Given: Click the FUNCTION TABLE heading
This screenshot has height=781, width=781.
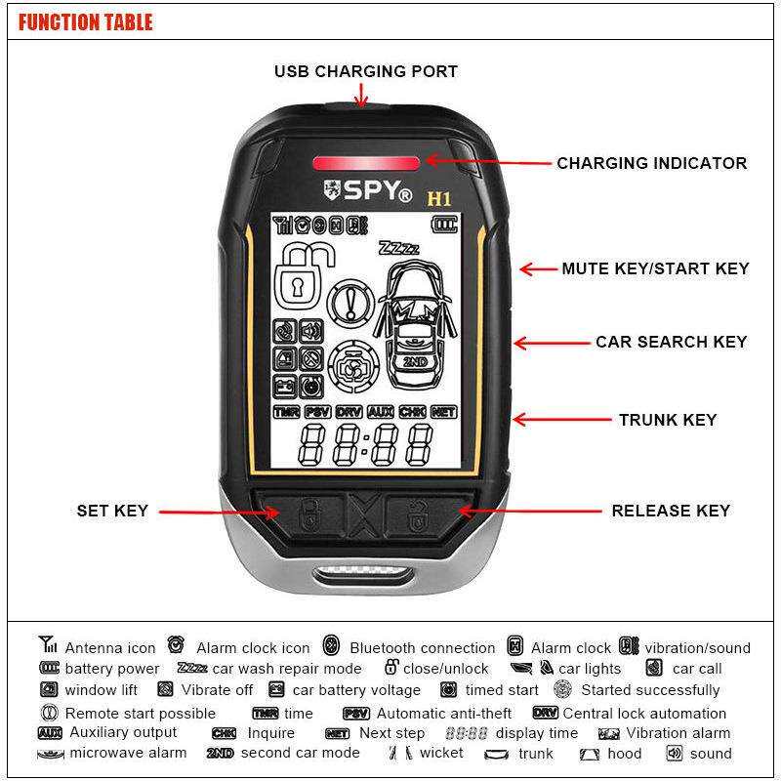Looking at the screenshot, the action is [x=85, y=22].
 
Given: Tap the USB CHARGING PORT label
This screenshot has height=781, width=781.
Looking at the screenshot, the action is [x=366, y=71].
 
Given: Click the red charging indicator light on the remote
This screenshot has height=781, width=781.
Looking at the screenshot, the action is [x=366, y=163].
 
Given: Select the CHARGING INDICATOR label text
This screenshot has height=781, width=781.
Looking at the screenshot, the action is [x=651, y=163].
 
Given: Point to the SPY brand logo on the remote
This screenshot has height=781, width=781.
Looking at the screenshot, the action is [x=368, y=190].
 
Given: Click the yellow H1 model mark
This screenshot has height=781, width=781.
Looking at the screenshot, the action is [x=438, y=199].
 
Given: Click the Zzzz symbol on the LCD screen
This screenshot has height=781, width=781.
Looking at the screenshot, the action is [x=399, y=248].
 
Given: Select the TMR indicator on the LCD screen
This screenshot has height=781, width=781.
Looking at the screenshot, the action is [x=286, y=412].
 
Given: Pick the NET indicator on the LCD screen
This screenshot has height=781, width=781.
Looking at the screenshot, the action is [x=443, y=412].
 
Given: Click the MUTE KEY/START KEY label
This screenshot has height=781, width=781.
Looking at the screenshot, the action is [x=655, y=268].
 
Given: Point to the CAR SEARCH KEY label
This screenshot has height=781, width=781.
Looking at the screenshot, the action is [x=672, y=342].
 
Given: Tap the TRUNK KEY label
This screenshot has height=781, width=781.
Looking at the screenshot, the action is [x=668, y=420].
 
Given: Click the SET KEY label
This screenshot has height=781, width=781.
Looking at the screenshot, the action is [x=112, y=511].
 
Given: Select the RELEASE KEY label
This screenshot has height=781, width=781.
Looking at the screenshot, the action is [x=671, y=511].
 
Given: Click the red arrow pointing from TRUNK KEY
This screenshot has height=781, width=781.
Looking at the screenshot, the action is [x=562, y=420].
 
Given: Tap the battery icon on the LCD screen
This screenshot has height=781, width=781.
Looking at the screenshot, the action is [x=444, y=225].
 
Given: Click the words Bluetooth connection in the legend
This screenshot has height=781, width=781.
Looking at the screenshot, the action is [x=423, y=648].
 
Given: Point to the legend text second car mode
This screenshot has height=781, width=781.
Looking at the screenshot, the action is [x=301, y=753].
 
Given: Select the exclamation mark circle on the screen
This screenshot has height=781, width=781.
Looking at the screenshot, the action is [x=351, y=302].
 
